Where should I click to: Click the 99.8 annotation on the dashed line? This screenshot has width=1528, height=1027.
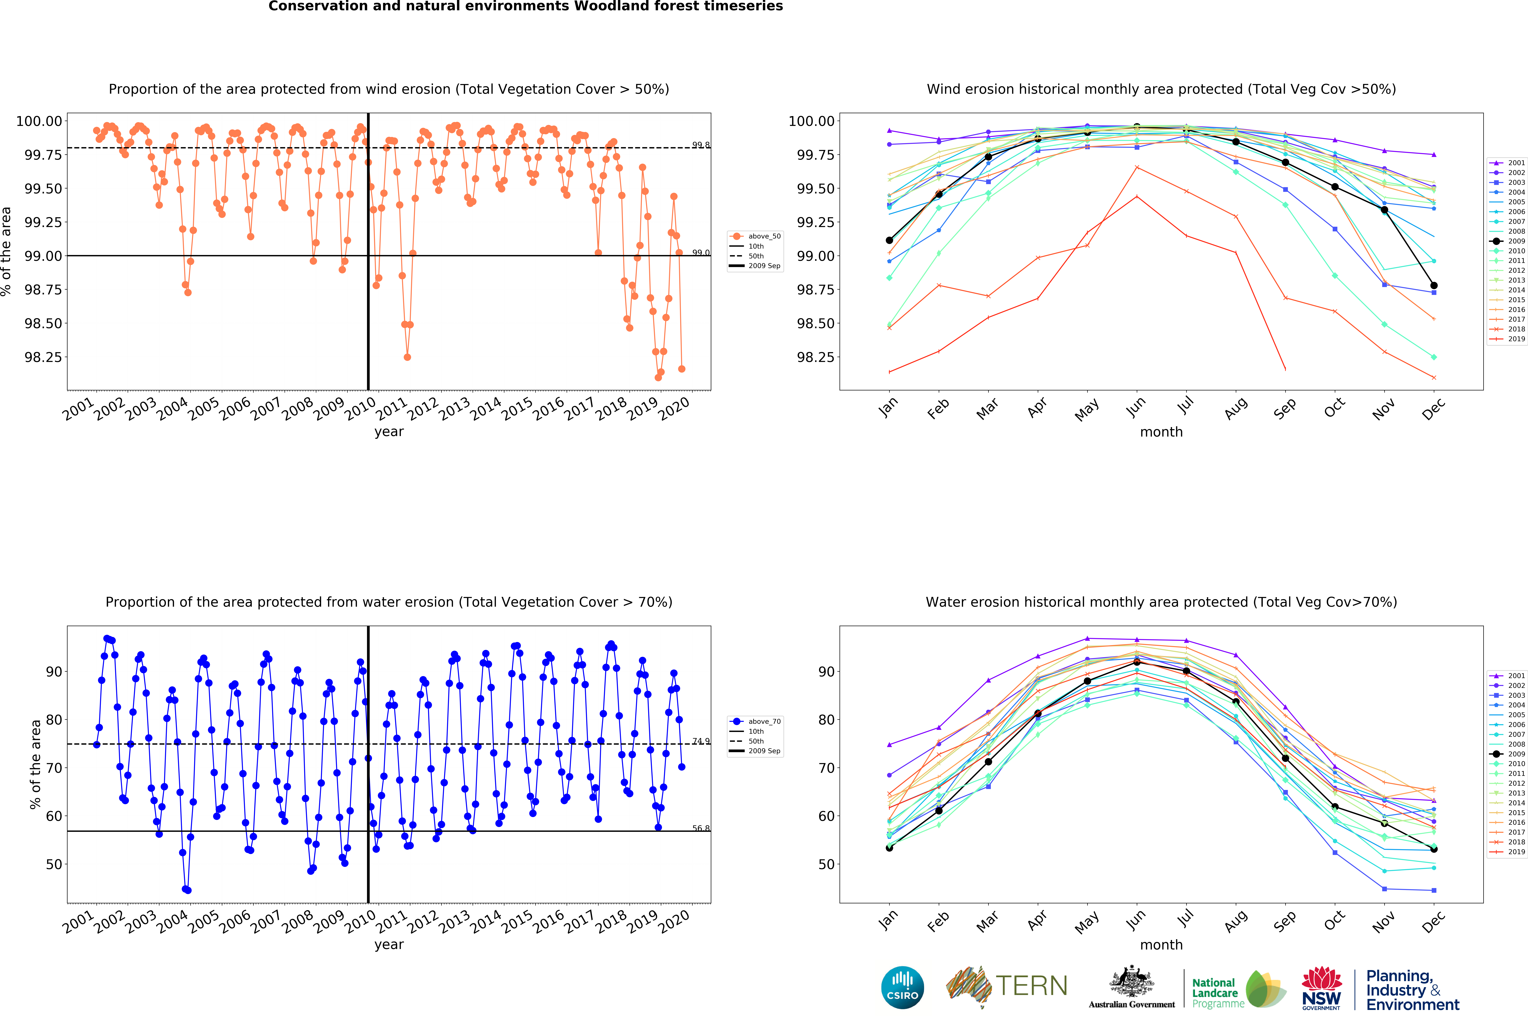click(x=701, y=145)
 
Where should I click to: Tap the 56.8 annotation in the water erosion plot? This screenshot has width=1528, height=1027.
click(x=701, y=829)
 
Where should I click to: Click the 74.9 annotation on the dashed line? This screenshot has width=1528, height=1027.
click(x=701, y=741)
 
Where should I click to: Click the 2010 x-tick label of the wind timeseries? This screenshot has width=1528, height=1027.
click(x=360, y=409)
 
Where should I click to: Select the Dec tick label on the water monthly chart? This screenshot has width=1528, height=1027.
click(x=1433, y=922)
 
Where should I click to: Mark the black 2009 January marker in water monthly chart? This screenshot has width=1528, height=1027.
click(x=889, y=848)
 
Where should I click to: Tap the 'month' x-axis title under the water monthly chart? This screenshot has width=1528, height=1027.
click(x=1161, y=945)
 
